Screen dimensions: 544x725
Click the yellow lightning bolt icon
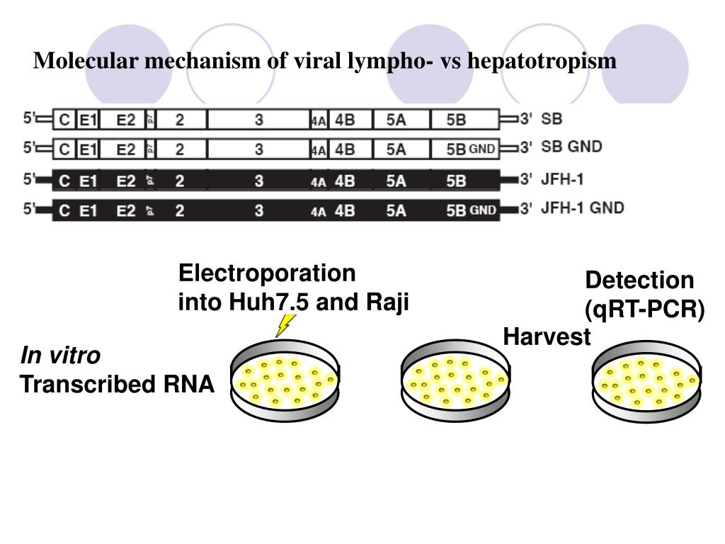coord(285,325)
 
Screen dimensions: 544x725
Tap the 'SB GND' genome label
coord(571,147)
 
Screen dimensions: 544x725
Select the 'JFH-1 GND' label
coord(583,209)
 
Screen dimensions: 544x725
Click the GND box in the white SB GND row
coord(482,149)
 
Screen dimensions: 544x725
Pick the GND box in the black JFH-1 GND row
coord(482,210)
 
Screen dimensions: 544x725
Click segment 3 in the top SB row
coord(259,120)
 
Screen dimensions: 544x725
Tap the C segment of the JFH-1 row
coord(65,181)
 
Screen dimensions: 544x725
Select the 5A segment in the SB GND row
coord(396,149)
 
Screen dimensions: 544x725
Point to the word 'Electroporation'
coord(267,273)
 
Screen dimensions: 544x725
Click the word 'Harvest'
coord(547,338)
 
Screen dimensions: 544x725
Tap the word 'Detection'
coord(639,280)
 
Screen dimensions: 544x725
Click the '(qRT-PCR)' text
coord(644,310)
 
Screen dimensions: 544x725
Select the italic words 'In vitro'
coord(60,355)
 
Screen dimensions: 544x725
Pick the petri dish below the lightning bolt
coord(285,380)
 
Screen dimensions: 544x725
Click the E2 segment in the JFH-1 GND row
coord(126,210)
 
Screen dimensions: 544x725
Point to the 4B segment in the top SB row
coord(345,120)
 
